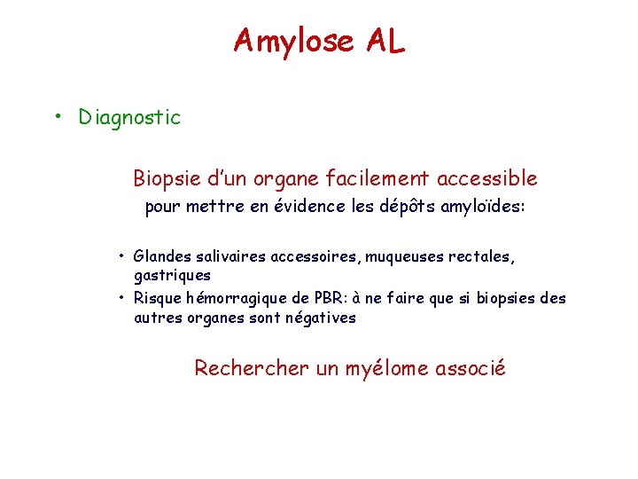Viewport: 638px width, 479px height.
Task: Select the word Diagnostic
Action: [x=129, y=117]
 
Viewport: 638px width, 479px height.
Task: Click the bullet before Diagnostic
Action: [x=58, y=116]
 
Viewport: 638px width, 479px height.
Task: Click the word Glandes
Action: [x=162, y=256]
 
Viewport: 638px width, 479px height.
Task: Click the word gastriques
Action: [x=172, y=275]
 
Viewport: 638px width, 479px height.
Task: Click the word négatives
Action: [x=321, y=318]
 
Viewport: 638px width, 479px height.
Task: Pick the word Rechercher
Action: [x=252, y=367]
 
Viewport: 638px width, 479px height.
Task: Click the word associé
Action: [x=471, y=367]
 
